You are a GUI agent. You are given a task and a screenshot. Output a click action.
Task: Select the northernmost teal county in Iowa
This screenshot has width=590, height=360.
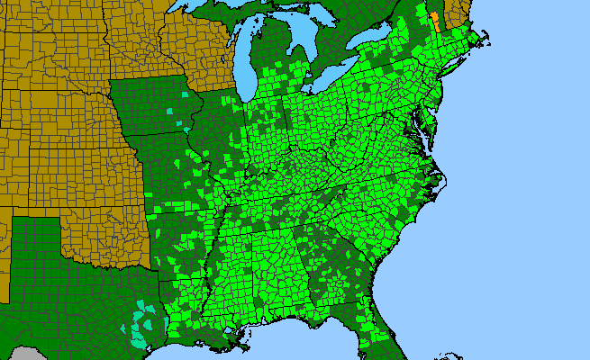[x=186, y=94]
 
